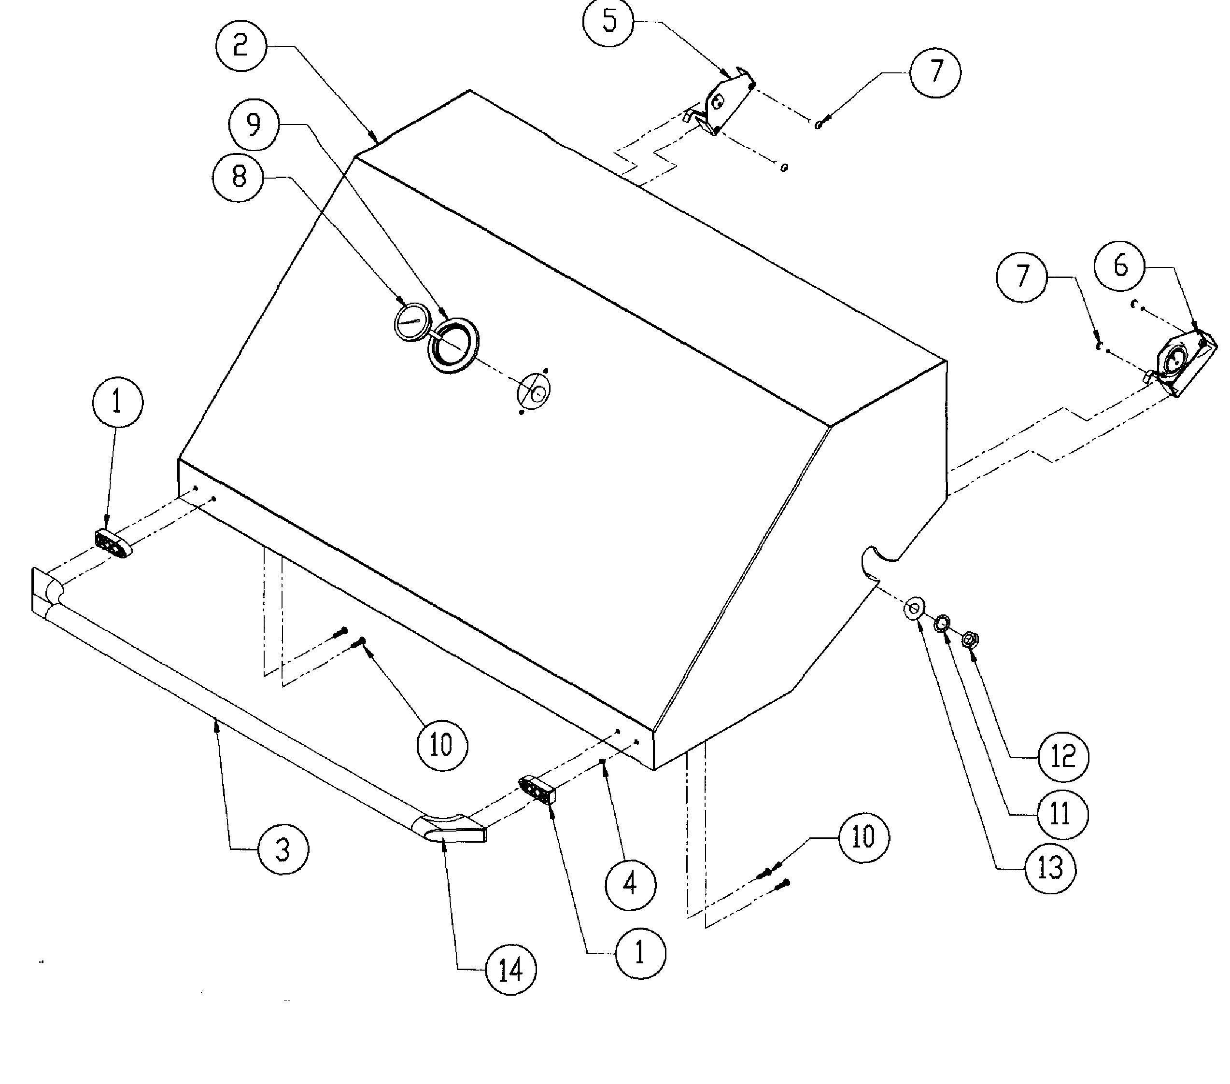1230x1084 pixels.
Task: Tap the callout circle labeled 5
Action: click(x=609, y=22)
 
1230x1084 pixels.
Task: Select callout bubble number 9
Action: click(x=254, y=125)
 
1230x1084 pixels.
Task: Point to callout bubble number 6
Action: click(x=1119, y=266)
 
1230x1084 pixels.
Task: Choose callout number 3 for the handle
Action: click(x=283, y=850)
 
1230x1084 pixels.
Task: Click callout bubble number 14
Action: click(x=511, y=970)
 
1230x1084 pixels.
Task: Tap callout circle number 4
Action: click(x=630, y=884)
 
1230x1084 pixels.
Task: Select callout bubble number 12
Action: click(x=1063, y=757)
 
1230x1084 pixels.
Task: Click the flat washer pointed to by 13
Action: click(x=914, y=608)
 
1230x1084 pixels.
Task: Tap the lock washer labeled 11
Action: click(x=941, y=623)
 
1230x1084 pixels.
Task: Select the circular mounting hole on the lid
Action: click(x=535, y=391)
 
